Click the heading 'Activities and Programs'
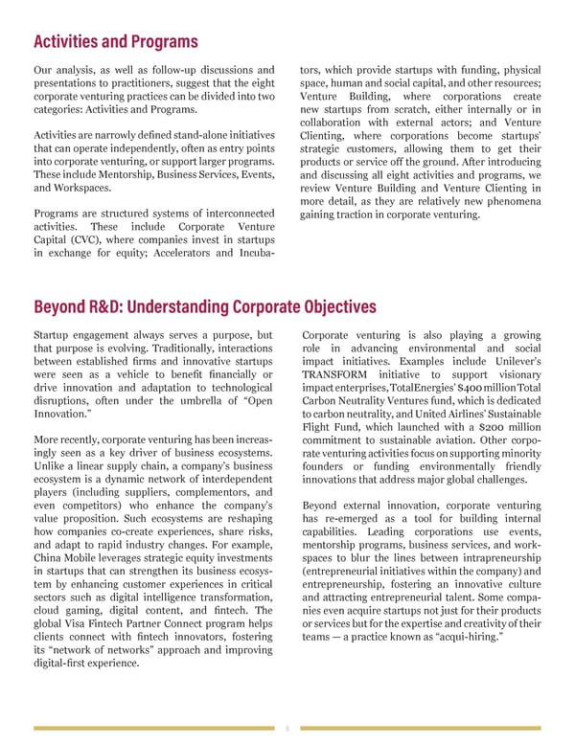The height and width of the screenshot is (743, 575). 115,42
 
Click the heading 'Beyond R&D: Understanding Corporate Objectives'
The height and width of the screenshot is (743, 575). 204,307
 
